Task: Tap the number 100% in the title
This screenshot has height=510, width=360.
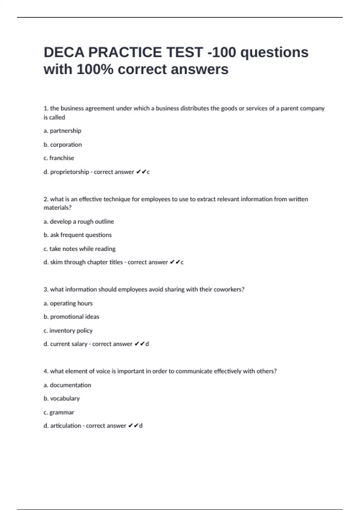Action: (x=95, y=69)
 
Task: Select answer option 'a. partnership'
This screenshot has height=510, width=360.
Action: (x=62, y=131)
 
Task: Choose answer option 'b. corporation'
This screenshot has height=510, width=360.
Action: (x=63, y=145)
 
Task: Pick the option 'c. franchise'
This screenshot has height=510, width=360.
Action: (x=59, y=158)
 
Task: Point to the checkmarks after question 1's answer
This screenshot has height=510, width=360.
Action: (x=141, y=172)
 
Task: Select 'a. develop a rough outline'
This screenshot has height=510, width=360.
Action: (x=79, y=222)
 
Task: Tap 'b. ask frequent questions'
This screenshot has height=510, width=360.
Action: (x=77, y=235)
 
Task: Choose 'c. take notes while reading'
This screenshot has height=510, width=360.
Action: (x=79, y=249)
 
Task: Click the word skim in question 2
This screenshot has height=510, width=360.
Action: (x=56, y=262)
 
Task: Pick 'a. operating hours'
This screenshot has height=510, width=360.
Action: (x=68, y=303)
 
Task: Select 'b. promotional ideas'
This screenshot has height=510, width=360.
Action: (x=71, y=317)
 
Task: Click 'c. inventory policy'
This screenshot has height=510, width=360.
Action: (x=68, y=331)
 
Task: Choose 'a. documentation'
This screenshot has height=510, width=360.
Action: (x=67, y=385)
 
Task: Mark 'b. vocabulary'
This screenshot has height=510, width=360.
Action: (x=62, y=399)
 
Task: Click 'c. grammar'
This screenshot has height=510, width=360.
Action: (x=59, y=412)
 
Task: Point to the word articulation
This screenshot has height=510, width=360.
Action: (x=66, y=426)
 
